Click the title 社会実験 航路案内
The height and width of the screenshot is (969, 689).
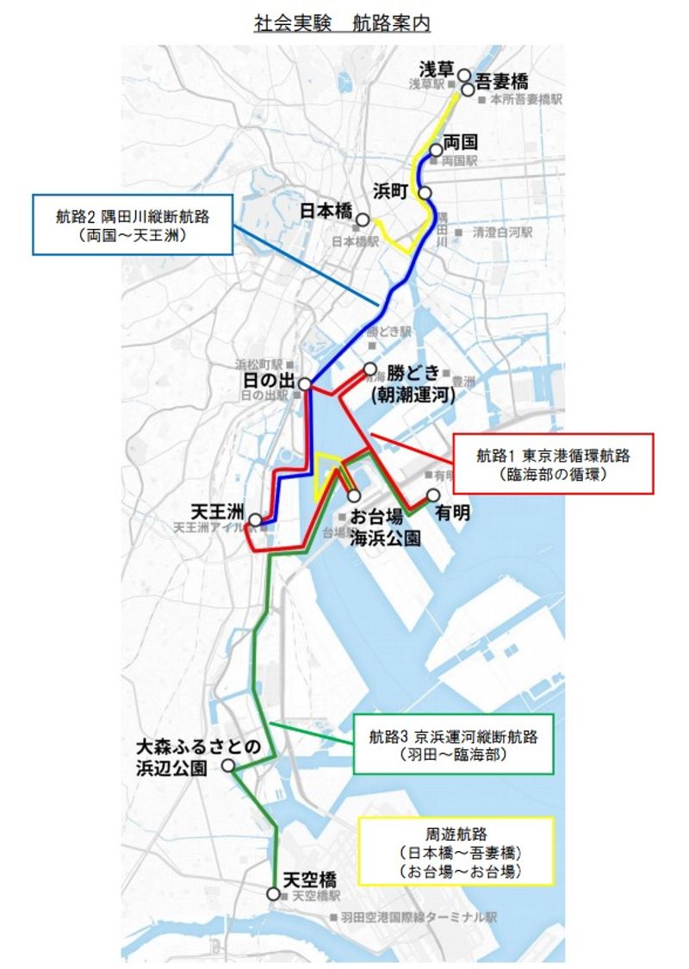(x=342, y=23)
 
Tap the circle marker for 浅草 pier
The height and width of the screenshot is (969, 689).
(x=464, y=75)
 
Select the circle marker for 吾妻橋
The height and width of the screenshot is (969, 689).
(x=468, y=89)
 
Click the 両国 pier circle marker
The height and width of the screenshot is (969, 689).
(x=436, y=150)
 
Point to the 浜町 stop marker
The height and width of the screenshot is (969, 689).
(x=425, y=192)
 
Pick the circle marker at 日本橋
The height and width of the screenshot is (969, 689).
(x=363, y=220)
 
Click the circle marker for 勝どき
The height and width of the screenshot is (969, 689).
(x=370, y=370)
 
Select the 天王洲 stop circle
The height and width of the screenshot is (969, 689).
(x=255, y=520)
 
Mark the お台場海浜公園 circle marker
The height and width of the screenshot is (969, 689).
(x=354, y=495)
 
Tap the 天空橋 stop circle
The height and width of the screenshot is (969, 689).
(x=274, y=894)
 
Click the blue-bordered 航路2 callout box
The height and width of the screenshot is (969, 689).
(x=133, y=224)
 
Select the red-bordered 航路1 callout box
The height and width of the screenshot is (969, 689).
(x=552, y=463)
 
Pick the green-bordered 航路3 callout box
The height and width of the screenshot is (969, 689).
(x=453, y=744)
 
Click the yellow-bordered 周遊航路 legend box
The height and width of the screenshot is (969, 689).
(x=456, y=853)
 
